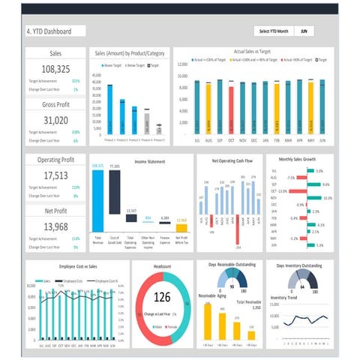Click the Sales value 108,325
(x=55, y=69)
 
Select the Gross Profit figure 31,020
(x=55, y=120)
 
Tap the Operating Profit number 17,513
(x=55, y=175)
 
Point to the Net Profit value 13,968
(x=55, y=226)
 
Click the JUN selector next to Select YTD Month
(x=304, y=31)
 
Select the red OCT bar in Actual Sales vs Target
(x=232, y=109)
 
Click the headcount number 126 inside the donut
(x=162, y=298)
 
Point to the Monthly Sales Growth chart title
(x=297, y=160)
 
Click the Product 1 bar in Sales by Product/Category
(x=109, y=109)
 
